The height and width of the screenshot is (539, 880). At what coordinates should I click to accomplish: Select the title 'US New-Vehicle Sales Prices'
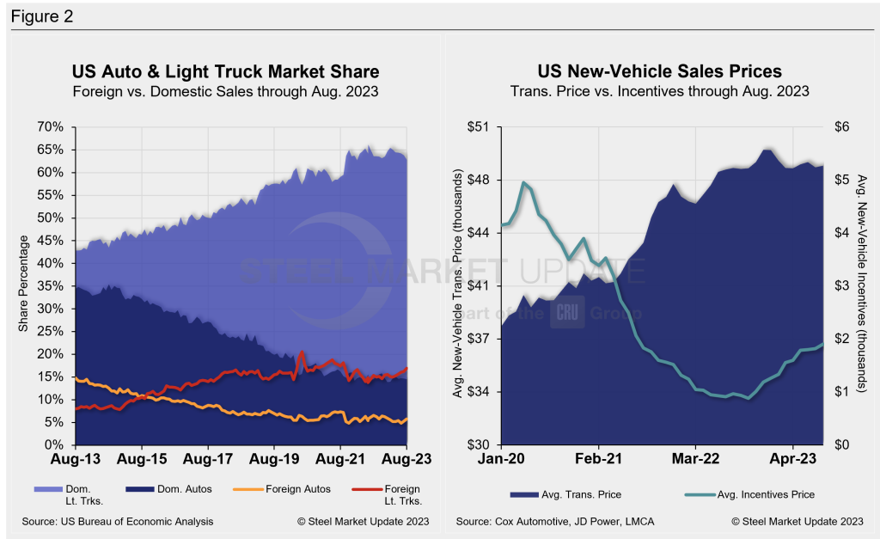(660, 70)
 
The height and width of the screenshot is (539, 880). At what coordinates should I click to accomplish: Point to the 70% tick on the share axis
(50, 127)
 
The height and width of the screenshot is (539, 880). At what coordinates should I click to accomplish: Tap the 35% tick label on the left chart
(50, 286)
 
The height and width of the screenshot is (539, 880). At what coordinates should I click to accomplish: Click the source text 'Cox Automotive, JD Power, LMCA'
(584, 522)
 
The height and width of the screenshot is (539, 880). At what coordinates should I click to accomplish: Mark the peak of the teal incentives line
(523, 182)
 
